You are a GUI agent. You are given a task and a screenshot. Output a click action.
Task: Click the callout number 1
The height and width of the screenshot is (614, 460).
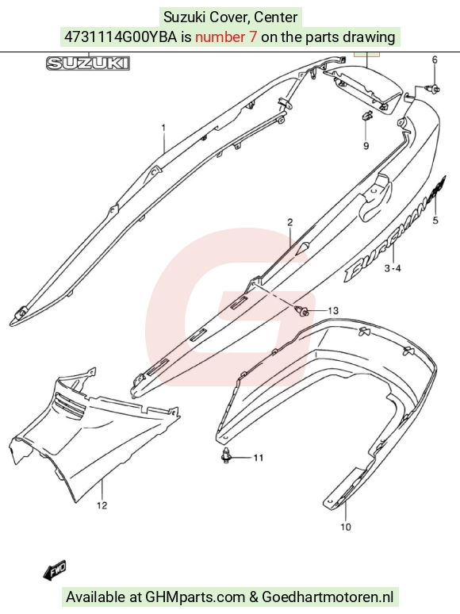163,128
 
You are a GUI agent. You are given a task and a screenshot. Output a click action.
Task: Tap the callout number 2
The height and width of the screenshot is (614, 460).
289,222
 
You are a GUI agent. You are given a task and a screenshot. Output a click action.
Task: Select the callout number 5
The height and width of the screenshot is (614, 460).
435,221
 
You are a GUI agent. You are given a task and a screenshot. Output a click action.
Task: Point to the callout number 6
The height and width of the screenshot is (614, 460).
435,59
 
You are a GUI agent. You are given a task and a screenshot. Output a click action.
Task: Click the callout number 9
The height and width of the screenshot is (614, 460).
366,146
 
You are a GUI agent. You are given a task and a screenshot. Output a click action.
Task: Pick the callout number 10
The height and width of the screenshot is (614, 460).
346,527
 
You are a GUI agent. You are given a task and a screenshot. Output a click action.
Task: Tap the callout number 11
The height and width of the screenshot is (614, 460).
259,458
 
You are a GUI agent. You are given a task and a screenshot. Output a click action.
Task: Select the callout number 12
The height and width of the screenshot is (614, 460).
102,505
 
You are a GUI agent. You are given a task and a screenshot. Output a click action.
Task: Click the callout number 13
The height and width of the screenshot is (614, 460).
333,310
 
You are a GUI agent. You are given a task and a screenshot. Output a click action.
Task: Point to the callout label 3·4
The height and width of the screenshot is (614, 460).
393,268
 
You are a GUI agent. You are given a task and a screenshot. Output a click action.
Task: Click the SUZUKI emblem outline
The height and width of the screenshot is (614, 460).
88,63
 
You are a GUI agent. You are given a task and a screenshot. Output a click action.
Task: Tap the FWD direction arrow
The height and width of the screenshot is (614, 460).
55,570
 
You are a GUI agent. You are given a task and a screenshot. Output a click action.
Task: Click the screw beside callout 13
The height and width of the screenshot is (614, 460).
302,311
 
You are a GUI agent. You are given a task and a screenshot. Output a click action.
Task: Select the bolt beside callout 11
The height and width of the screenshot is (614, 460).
226,456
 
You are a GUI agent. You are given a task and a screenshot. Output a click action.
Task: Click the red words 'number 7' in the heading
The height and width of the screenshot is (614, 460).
226,36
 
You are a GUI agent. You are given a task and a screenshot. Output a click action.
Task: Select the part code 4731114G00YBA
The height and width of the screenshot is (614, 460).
121,36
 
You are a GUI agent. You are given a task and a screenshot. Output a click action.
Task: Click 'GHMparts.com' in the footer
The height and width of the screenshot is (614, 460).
195,597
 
